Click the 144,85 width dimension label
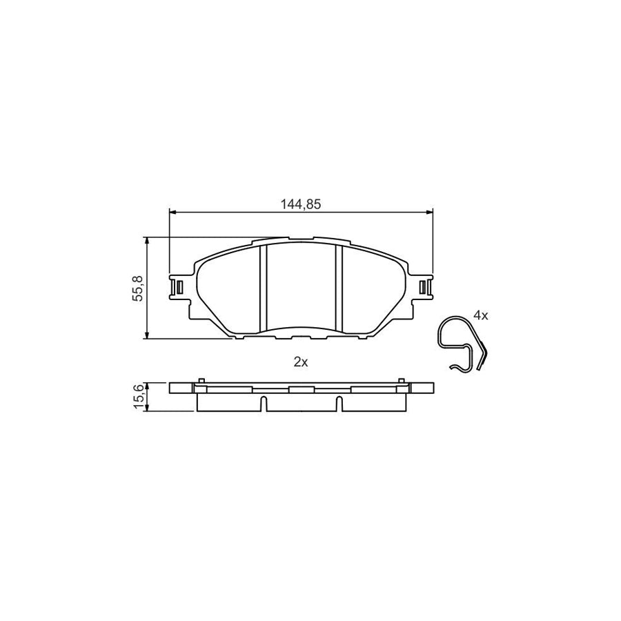click(x=302, y=204)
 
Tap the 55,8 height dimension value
click(x=137, y=288)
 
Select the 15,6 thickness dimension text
click(x=137, y=397)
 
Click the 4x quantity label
click(x=481, y=315)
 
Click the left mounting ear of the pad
click(x=177, y=286)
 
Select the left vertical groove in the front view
click(x=263, y=288)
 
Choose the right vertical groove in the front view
click(x=339, y=288)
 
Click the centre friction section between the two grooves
click(x=301, y=286)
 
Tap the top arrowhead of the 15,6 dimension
click(x=147, y=385)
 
